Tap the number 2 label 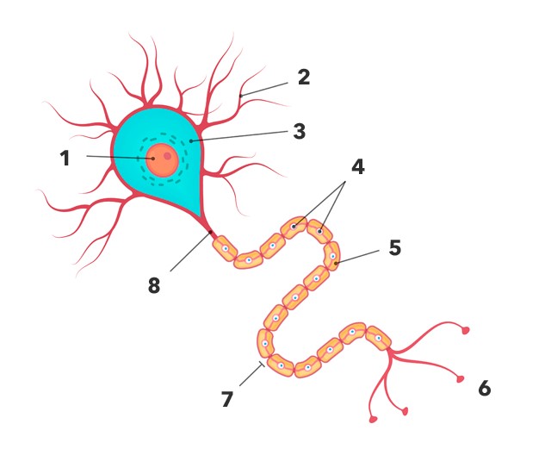tap(302, 77)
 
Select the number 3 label tap(299, 132)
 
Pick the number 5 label tap(394, 247)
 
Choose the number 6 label tap(485, 389)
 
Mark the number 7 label tap(226, 399)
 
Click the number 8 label tap(154, 285)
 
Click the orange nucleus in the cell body tap(161, 159)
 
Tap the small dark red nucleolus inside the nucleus tap(168, 156)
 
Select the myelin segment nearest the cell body tap(224, 248)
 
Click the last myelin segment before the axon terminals tap(377, 337)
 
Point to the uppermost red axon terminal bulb tap(467, 330)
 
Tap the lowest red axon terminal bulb tap(373, 420)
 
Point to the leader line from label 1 tap(116, 157)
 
